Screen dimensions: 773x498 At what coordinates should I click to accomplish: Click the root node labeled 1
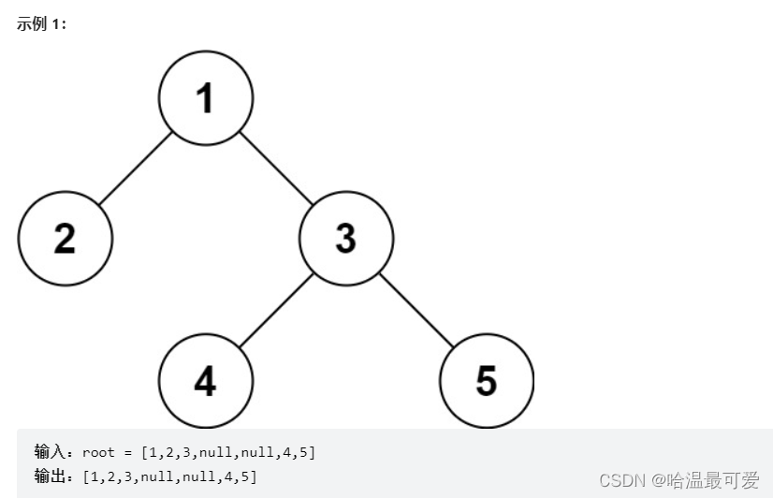point(205,98)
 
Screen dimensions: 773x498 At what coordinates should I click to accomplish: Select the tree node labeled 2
point(65,239)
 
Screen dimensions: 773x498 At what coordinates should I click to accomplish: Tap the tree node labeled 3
point(345,239)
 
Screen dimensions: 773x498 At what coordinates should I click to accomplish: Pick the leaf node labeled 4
point(205,380)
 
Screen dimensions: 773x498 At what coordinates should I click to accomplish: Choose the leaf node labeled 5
point(486,380)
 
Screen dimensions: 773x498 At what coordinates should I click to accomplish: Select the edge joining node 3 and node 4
point(275,310)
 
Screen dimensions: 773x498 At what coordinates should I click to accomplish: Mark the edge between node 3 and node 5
point(416,310)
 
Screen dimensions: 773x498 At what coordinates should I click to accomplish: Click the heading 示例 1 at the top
point(41,24)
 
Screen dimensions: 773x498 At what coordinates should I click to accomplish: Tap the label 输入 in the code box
point(49,452)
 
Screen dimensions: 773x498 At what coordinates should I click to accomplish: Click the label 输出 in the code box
point(49,476)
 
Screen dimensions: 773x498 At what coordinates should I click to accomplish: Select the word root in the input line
point(98,452)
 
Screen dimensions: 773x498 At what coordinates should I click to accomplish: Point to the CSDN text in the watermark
point(622,480)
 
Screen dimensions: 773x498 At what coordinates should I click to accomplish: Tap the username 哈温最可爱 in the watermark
point(713,480)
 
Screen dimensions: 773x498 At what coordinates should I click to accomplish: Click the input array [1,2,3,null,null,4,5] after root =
point(228,452)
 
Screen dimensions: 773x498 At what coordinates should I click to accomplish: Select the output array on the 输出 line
point(169,476)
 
